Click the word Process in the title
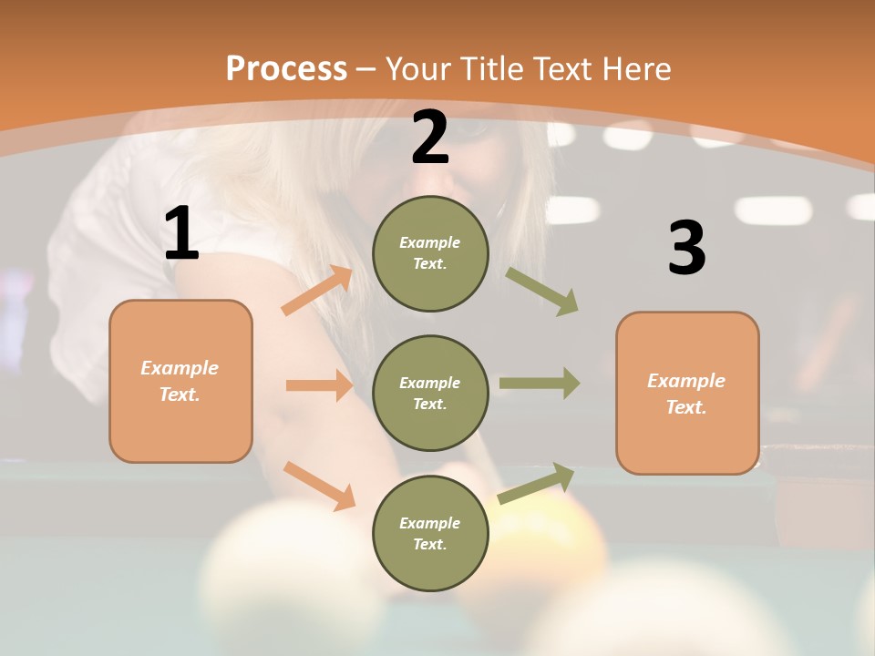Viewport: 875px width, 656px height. pyautogui.click(x=286, y=69)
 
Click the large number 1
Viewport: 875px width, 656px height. pyautogui.click(x=181, y=234)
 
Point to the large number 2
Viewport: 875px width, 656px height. pyautogui.click(x=430, y=138)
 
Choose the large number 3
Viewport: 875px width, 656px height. pyautogui.click(x=686, y=249)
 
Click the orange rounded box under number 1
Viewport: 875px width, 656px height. pyautogui.click(x=180, y=381)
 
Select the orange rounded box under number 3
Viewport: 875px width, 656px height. pyautogui.click(x=687, y=393)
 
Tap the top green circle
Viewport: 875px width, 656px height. pyautogui.click(x=430, y=253)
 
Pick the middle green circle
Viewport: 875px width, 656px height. pyautogui.click(x=430, y=393)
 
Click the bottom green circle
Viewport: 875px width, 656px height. pyautogui.click(x=430, y=533)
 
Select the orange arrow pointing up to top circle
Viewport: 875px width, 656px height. pyautogui.click(x=317, y=291)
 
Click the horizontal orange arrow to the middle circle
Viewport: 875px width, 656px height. pyautogui.click(x=319, y=385)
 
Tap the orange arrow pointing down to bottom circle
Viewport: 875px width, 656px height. pyautogui.click(x=319, y=485)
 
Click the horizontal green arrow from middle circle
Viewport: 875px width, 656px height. pyautogui.click(x=540, y=383)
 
